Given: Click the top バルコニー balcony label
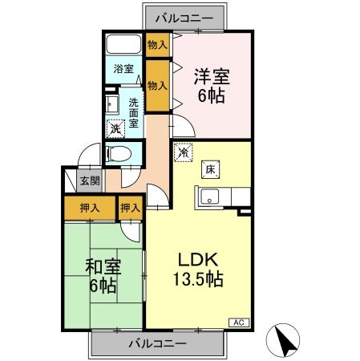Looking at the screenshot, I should [x=185, y=15].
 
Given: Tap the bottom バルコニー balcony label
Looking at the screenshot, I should [x=158, y=343].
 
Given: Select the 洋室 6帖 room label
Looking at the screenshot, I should [x=212, y=86].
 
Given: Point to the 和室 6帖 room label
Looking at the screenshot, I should [x=102, y=274].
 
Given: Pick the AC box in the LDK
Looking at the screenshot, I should [x=238, y=322].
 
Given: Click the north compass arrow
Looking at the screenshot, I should [x=283, y=342].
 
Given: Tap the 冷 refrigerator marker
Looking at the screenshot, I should [x=184, y=151].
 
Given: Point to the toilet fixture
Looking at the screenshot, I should [x=119, y=153].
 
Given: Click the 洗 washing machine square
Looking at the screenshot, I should [x=115, y=128].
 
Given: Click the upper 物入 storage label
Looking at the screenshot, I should [x=157, y=45].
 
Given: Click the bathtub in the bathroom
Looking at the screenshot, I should [x=123, y=46].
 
